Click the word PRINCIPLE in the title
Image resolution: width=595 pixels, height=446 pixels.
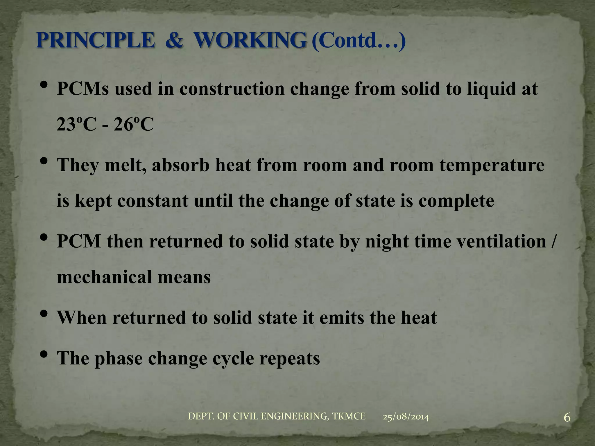pos(95,40)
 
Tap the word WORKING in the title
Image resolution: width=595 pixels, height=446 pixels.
pos(250,40)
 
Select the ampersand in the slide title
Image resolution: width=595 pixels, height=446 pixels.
pos(174,40)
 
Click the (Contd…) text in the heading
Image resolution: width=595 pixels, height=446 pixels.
pos(358,41)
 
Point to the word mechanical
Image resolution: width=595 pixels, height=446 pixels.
pos(104,277)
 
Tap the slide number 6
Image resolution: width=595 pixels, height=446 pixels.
pos(567,418)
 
